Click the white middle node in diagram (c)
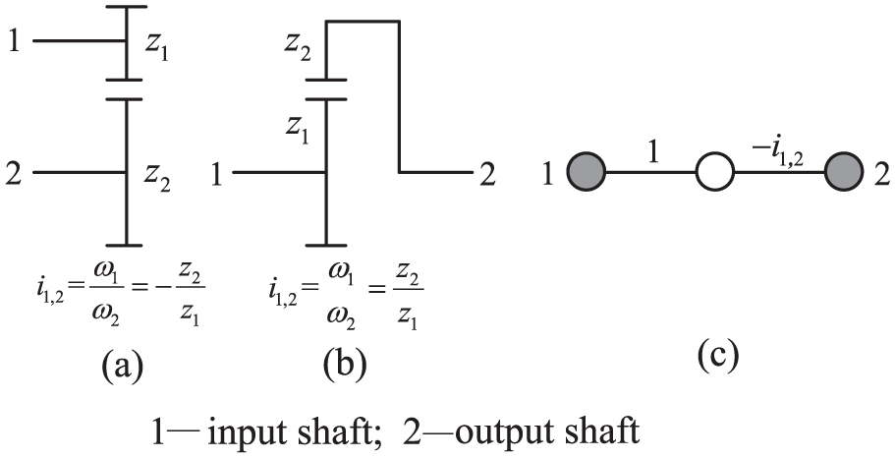[x=716, y=176]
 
